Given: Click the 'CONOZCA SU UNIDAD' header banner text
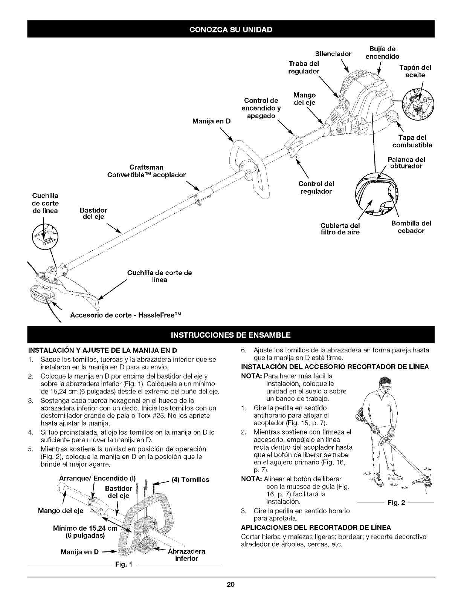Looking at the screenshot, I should [x=231, y=29].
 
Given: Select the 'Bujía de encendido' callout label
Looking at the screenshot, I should [x=380, y=52].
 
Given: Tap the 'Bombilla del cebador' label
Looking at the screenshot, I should [x=411, y=227].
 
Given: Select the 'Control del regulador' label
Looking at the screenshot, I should [x=316, y=187].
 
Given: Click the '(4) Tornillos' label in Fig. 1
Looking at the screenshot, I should [x=190, y=480].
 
